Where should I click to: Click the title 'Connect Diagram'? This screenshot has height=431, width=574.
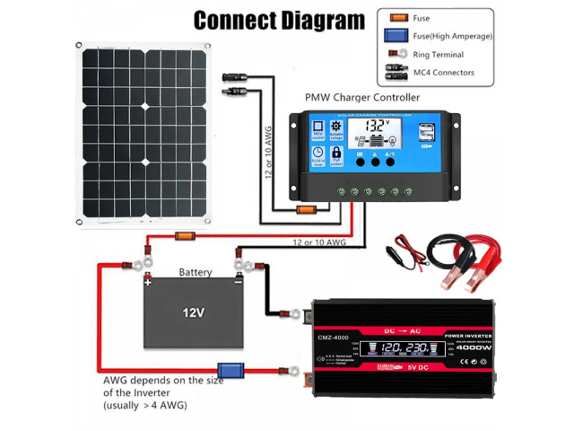coord(280,20)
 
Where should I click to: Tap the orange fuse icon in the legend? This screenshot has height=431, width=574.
coord(393,17)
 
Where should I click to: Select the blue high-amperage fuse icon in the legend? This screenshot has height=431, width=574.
coord(393,36)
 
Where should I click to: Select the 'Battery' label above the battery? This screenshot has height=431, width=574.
coord(196,271)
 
